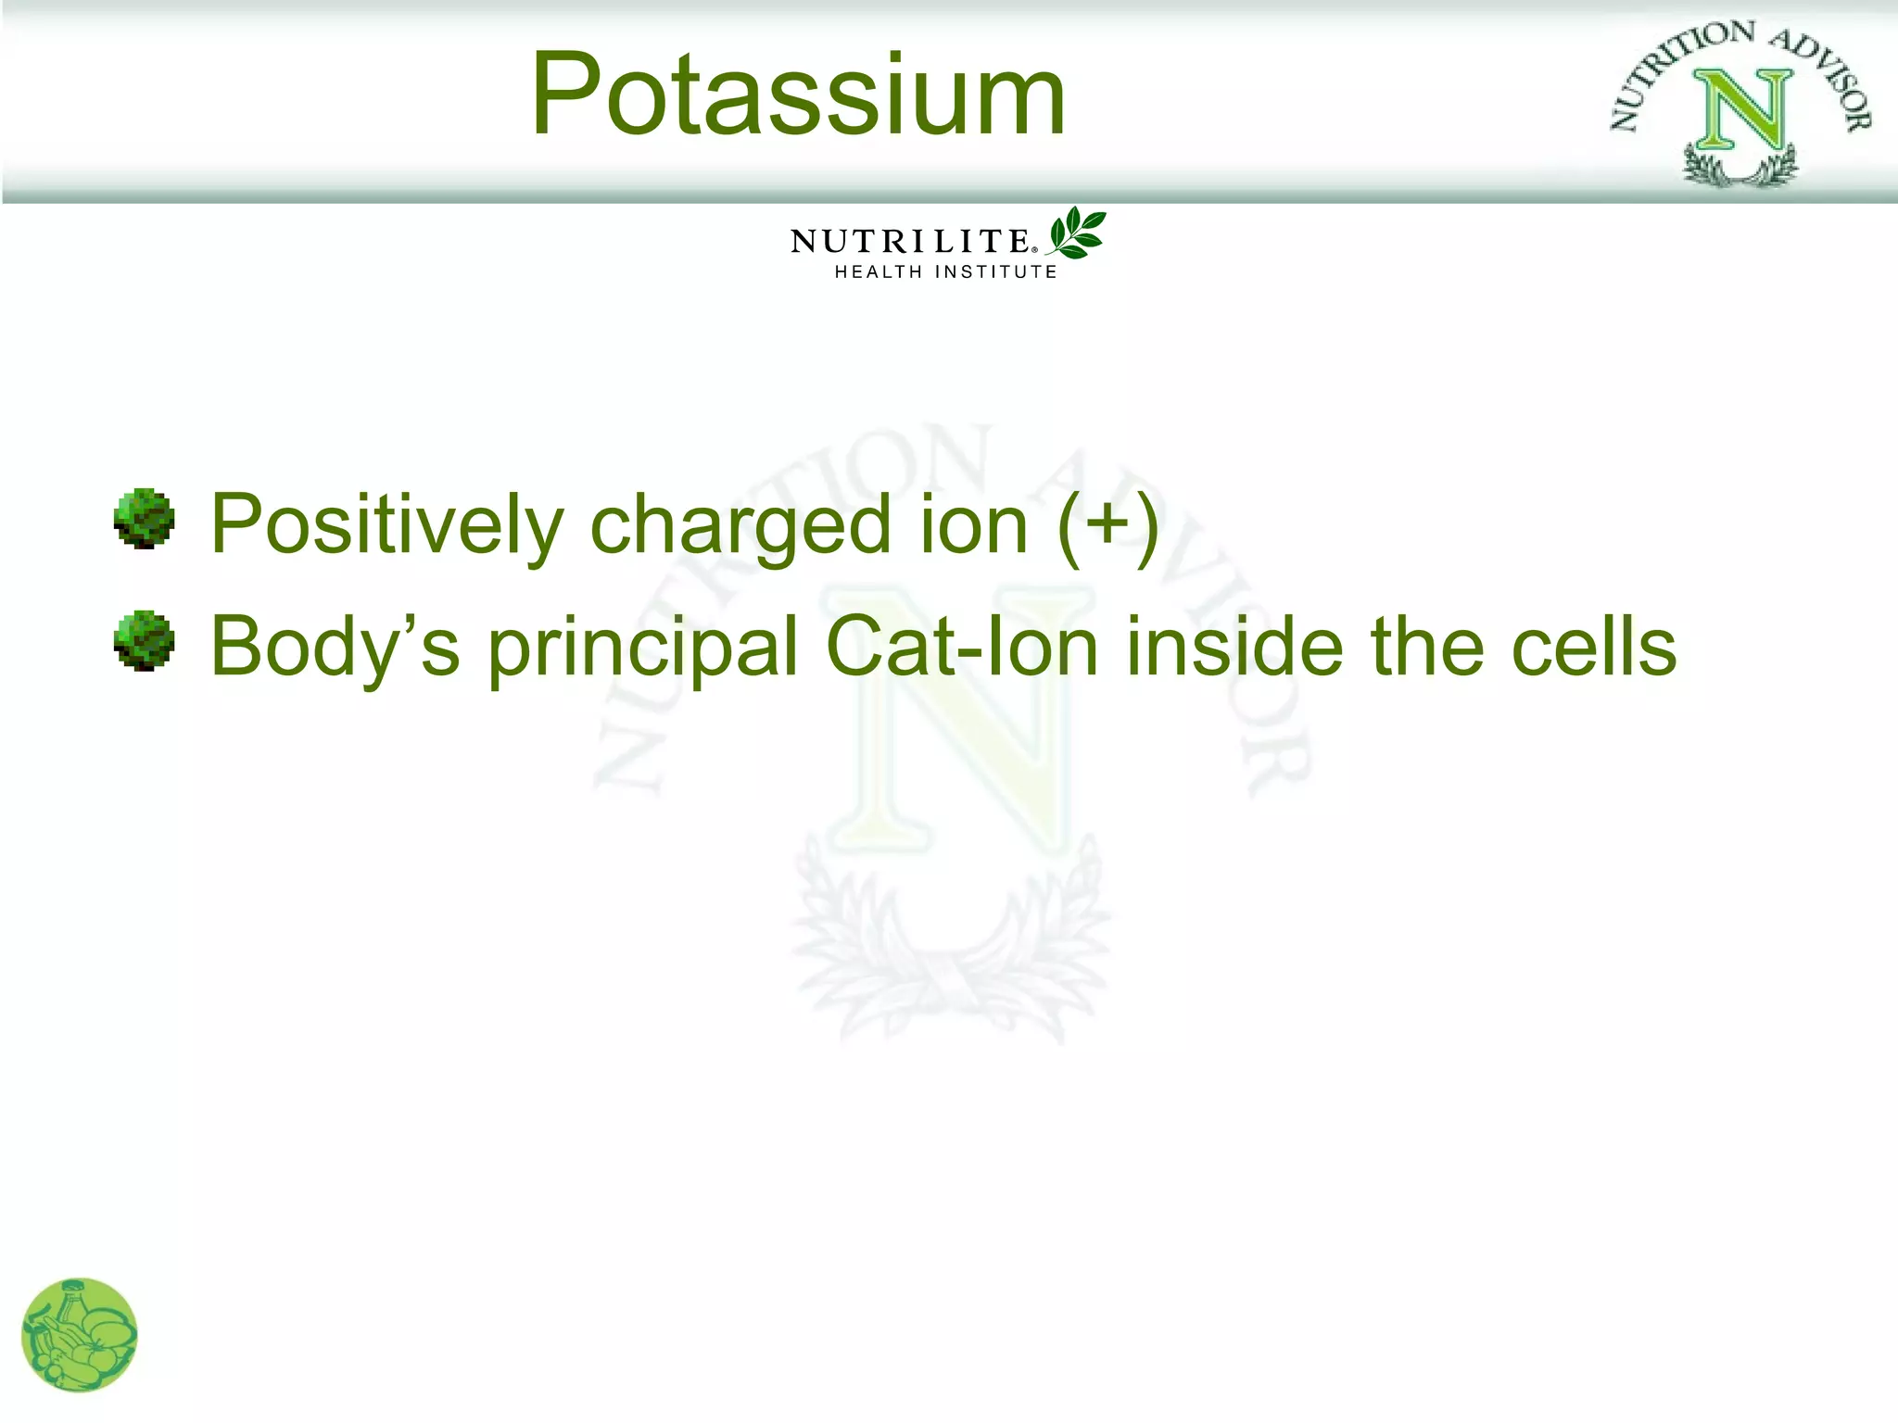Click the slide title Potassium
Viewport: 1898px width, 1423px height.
click(797, 95)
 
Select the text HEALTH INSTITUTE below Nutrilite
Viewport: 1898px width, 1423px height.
click(945, 271)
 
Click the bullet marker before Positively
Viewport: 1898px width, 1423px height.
click(144, 519)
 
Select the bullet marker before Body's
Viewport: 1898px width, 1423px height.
click(144, 640)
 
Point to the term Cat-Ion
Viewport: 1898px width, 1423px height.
click(961, 647)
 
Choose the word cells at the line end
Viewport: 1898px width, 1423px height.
click(1593, 647)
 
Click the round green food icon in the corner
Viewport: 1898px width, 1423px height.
click(80, 1335)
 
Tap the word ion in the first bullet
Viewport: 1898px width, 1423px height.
click(973, 526)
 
